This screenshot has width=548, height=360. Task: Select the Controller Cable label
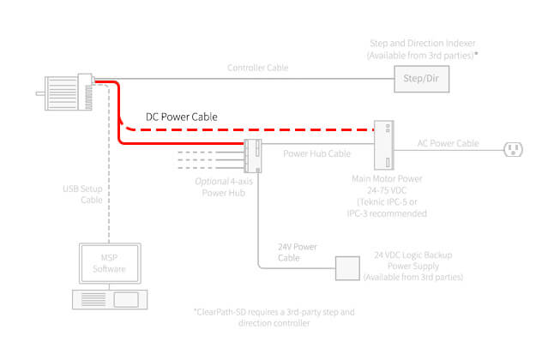pyautogui.click(x=258, y=67)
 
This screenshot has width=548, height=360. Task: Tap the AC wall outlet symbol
pyautogui.click(x=514, y=150)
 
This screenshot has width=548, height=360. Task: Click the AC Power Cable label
pyautogui.click(x=448, y=143)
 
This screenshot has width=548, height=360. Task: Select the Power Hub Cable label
pyautogui.click(x=317, y=155)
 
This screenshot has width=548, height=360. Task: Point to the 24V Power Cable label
pyautogui.click(x=298, y=251)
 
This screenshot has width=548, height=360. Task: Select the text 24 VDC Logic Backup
pyautogui.click(x=413, y=255)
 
